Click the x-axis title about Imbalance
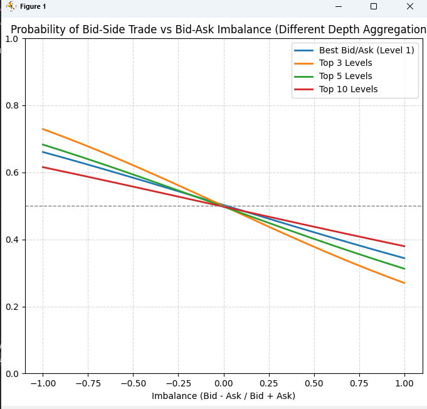223,396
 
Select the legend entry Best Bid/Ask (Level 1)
366,50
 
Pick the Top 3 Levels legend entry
345,63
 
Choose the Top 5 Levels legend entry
345,76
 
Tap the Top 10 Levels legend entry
348,89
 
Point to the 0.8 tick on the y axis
13,105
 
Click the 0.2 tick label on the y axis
13,307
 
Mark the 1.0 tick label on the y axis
13,38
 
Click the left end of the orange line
43,129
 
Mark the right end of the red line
404,246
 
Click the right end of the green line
404,268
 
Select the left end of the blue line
43,152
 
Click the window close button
409,6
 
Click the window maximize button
374,6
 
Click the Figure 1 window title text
33,6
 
